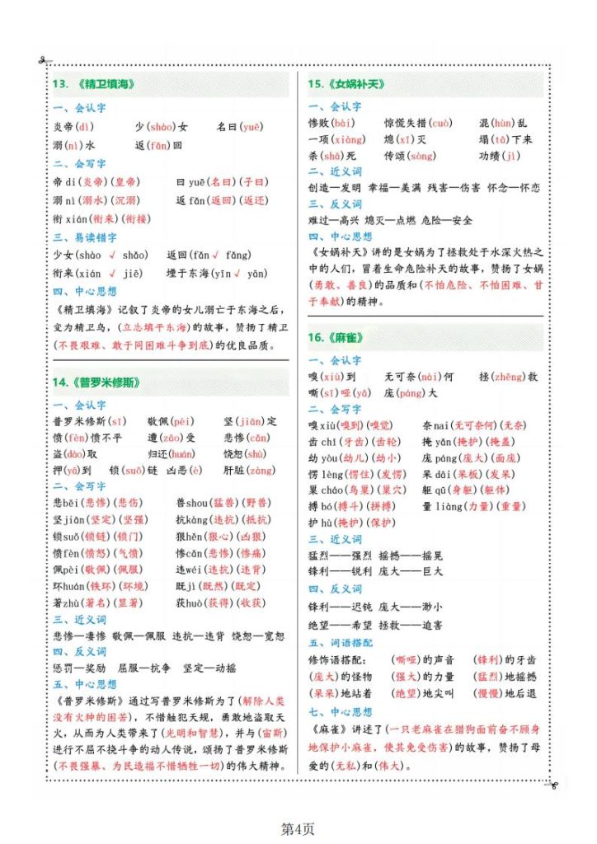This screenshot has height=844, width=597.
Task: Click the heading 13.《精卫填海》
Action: tap(93, 84)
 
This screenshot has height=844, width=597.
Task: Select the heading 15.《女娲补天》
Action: tap(346, 84)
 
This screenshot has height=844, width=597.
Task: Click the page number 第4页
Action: tap(298, 828)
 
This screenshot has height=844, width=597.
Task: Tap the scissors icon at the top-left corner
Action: tap(43, 61)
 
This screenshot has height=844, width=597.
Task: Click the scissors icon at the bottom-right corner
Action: tap(552, 785)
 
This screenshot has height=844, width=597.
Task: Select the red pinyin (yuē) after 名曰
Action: tap(251, 126)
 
